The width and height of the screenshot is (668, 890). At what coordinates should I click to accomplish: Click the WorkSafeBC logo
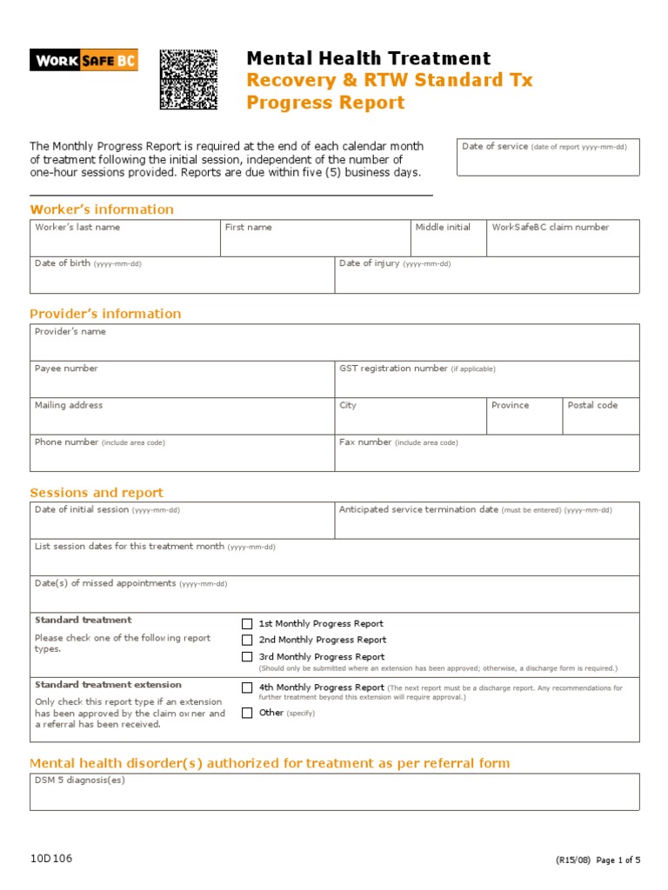[83, 59]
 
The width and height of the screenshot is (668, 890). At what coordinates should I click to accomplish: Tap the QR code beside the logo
[188, 79]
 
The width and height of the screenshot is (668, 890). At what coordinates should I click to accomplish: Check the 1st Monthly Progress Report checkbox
[247, 624]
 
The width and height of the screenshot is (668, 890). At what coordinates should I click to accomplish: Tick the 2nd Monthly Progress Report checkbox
[247, 641]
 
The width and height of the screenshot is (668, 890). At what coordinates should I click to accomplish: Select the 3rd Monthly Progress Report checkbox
[247, 657]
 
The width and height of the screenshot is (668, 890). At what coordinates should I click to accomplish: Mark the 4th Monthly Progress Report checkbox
[247, 687]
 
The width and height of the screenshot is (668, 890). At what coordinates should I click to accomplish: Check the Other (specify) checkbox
[247, 713]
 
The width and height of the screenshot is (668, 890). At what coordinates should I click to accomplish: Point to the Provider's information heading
[105, 314]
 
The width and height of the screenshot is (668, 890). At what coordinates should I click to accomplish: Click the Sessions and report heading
[97, 493]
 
